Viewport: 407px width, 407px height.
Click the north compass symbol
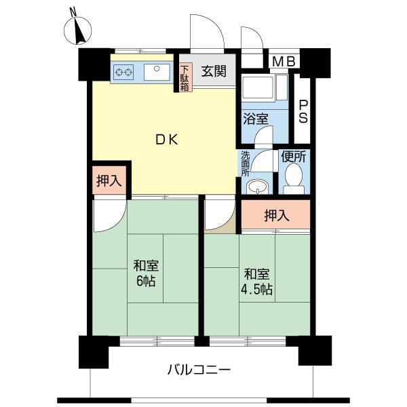pyautogui.click(x=77, y=29)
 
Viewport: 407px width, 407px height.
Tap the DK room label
pyautogui.click(x=167, y=140)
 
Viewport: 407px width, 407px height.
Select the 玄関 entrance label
pyautogui.click(x=214, y=71)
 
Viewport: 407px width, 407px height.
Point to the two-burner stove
pyautogui.click(x=123, y=72)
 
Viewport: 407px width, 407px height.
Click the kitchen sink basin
pyautogui.click(x=157, y=72)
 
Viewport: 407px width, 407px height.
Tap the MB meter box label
pyautogui.click(x=284, y=62)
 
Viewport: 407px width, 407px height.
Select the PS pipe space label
pyautogui.click(x=303, y=112)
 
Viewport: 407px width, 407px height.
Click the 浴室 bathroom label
pyautogui.click(x=256, y=119)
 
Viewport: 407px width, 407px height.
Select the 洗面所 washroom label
pyautogui.click(x=246, y=163)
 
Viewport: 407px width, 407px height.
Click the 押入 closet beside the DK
pyautogui.click(x=109, y=180)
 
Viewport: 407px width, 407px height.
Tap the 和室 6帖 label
pyautogui.click(x=146, y=273)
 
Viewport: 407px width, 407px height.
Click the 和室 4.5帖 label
pyautogui.click(x=256, y=282)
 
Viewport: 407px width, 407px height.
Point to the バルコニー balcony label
pyautogui.click(x=199, y=369)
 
